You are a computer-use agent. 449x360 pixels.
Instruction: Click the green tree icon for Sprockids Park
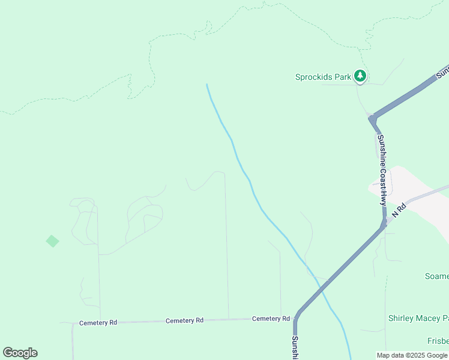(360, 76)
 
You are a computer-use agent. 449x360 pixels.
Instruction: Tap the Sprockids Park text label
(323, 77)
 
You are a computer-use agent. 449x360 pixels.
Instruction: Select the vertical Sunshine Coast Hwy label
(382, 170)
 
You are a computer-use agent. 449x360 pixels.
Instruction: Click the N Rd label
(399, 210)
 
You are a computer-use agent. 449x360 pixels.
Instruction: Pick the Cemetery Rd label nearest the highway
(271, 319)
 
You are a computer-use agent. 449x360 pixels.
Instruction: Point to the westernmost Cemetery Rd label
(98, 323)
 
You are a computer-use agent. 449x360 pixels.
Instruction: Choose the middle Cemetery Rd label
(184, 320)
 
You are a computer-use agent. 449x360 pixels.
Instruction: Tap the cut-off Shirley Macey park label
(418, 318)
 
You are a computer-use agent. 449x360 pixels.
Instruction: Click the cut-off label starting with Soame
(436, 276)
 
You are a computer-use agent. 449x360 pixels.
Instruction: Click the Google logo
(20, 353)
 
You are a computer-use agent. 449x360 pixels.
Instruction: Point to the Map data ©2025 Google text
(412, 355)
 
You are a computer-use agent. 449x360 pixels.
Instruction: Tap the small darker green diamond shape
(53, 241)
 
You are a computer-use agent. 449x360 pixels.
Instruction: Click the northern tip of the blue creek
(207, 85)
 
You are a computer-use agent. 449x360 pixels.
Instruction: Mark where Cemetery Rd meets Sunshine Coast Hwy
(296, 318)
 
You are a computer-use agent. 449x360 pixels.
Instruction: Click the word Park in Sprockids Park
(342, 77)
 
